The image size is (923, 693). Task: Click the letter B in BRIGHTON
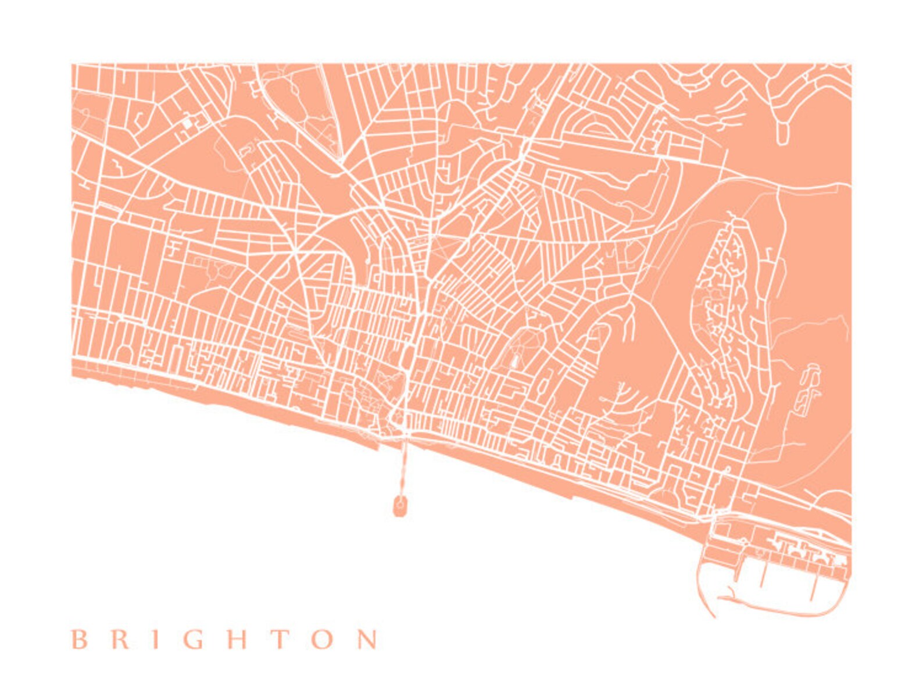click(x=79, y=640)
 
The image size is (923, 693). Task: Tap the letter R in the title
click(x=120, y=640)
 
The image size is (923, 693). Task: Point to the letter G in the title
click(x=194, y=640)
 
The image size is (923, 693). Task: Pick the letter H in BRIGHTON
click(x=237, y=640)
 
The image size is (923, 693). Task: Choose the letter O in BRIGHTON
click(x=322, y=640)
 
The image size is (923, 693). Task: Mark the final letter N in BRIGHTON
click(x=367, y=640)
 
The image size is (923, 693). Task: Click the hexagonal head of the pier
click(x=400, y=506)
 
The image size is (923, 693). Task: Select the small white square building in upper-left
click(x=187, y=124)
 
